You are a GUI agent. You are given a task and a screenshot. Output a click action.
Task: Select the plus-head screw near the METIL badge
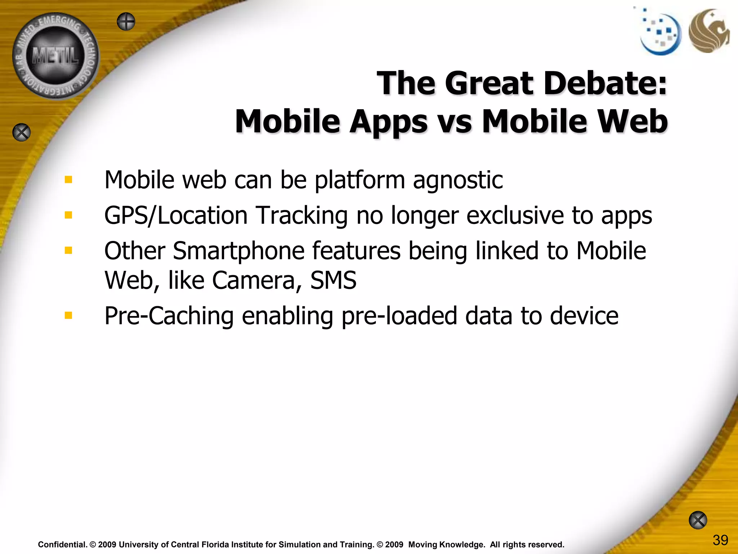click(126, 22)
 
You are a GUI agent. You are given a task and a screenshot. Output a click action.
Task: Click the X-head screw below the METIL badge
click(22, 132)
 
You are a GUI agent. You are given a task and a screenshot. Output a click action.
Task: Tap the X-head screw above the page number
click(698, 520)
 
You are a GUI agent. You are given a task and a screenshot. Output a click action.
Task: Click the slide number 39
click(720, 540)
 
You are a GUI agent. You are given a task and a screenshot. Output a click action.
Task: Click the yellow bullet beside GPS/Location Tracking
click(68, 215)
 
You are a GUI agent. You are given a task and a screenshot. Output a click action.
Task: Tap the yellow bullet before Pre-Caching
click(68, 316)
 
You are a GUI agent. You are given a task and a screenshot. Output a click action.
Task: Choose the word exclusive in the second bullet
click(516, 215)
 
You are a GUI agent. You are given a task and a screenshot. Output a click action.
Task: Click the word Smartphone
click(239, 251)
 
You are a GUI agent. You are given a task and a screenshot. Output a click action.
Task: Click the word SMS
click(333, 280)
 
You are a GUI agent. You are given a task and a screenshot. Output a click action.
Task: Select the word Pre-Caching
click(169, 316)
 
